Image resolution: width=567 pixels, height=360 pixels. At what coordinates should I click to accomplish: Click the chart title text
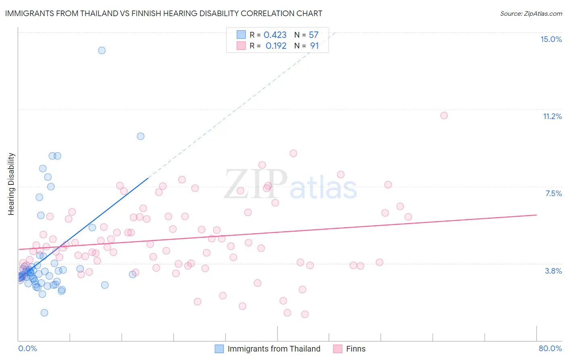[164, 14]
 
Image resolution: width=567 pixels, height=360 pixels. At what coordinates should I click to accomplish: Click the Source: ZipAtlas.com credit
[531, 14]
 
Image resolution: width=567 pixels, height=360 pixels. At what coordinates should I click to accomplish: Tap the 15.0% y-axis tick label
[551, 39]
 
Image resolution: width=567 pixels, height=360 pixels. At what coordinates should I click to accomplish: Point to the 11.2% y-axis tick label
[552, 117]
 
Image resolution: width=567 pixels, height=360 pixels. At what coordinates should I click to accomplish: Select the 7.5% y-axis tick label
[553, 194]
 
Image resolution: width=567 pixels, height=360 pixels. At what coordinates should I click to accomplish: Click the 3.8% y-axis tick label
[553, 271]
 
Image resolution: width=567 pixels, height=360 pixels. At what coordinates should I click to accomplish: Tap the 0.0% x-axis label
[27, 348]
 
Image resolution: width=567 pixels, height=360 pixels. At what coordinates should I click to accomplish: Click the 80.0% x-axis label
[550, 348]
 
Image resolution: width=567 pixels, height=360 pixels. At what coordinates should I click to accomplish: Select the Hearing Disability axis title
[11, 184]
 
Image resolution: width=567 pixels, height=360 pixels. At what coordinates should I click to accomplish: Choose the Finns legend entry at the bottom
[355, 349]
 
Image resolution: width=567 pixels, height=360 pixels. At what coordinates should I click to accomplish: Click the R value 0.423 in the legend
[275, 35]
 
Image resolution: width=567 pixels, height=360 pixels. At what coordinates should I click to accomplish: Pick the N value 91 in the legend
[315, 46]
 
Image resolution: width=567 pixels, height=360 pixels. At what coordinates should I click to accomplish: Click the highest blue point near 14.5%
[102, 50]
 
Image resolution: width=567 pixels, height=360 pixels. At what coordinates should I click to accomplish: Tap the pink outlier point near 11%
[444, 115]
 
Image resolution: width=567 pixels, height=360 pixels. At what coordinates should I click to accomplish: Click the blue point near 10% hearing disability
[140, 136]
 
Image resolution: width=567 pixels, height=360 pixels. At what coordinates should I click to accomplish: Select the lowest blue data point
[44, 313]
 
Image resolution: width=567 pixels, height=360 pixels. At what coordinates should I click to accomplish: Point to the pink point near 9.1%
[293, 153]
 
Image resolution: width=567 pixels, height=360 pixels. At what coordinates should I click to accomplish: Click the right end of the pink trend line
[536, 215]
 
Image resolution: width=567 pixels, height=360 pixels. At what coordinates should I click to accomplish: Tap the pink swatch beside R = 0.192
[241, 46]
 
